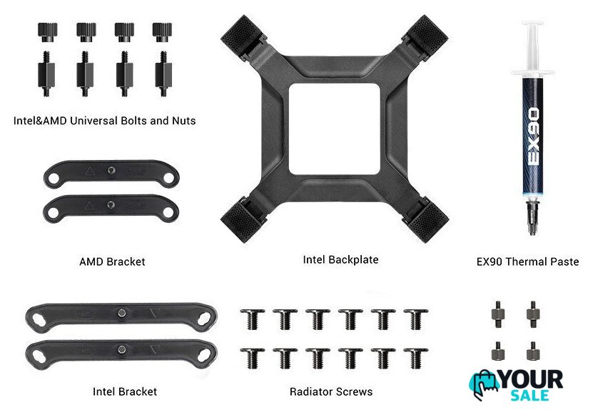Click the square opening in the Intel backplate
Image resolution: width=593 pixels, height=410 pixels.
(334, 129)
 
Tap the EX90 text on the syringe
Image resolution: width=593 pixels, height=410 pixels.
(533, 136)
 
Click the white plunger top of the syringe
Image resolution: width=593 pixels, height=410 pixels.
(533, 24)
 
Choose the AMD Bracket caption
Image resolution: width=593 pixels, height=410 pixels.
(112, 261)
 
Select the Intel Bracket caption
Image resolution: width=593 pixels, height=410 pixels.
(124, 391)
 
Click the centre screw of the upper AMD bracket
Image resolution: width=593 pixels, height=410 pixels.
(111, 171)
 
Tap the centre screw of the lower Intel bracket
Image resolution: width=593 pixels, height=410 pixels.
(121, 349)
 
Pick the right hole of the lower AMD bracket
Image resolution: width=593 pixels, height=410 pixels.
(168, 213)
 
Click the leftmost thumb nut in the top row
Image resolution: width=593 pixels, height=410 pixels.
(47, 32)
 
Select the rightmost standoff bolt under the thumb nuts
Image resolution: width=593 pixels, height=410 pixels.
(163, 74)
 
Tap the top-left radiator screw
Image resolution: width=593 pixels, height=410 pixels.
(252, 319)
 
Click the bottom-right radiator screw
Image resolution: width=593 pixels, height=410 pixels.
(416, 358)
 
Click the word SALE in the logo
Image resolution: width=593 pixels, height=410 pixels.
(529, 395)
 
